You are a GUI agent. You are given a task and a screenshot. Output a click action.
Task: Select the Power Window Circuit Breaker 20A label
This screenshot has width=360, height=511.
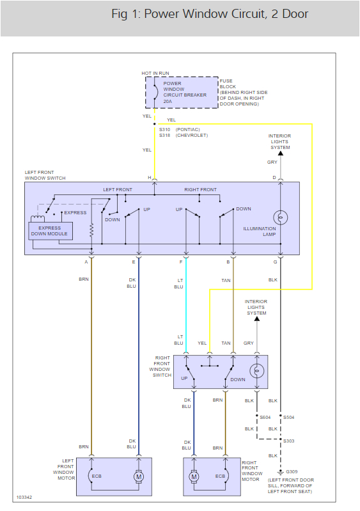pos(181,92)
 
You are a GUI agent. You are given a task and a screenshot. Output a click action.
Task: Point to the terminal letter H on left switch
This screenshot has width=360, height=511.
pos(150,177)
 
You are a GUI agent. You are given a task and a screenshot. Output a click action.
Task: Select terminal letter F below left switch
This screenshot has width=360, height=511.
pos(181,261)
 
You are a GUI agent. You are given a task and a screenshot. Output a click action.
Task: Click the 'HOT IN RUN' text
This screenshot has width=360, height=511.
pos(155,74)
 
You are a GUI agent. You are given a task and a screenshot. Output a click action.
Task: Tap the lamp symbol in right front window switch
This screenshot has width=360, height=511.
pos(256,370)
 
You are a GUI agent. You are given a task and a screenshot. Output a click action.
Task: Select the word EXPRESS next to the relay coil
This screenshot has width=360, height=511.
pos(75,212)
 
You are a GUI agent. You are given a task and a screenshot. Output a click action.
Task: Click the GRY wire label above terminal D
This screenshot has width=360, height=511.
pos(272,162)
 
